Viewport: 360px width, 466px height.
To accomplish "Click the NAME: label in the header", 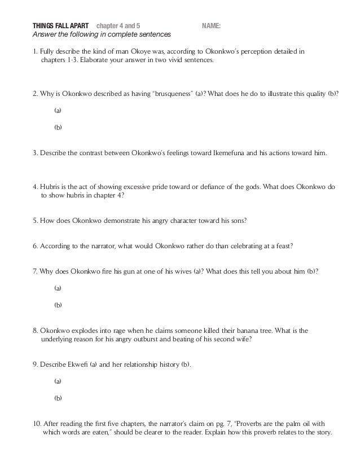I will tap(211, 26).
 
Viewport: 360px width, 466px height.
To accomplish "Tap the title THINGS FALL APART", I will tap(56, 26).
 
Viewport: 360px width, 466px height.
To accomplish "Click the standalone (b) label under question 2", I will tap(58, 127).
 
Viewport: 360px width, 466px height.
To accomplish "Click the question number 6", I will tap(35, 246).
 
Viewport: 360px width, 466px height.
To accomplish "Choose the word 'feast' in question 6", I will tap(282, 246).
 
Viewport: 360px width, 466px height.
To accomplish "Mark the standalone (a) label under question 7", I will tap(58, 288).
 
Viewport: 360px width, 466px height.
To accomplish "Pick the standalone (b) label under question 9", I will tap(58, 398).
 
